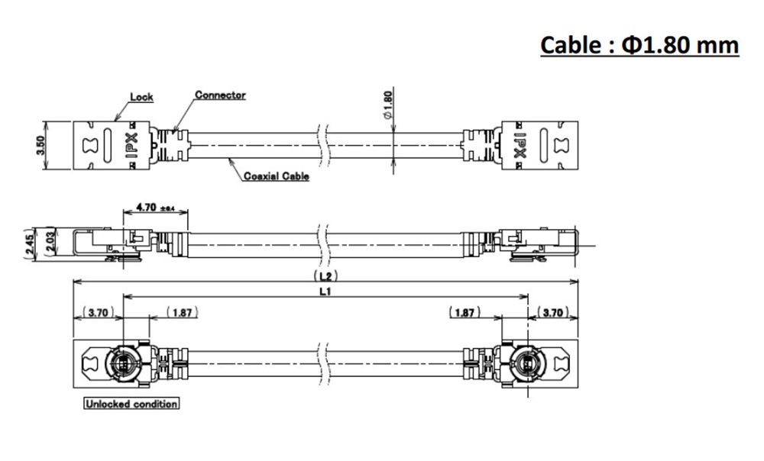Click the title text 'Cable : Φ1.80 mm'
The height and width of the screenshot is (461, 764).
[x=639, y=46]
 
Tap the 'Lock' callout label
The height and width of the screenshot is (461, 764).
[x=141, y=97]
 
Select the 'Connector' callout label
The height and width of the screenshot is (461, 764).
[x=220, y=95]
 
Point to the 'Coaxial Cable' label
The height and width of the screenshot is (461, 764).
[x=277, y=176]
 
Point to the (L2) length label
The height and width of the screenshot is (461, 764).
[x=326, y=275]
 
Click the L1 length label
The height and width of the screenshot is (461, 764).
[x=326, y=291]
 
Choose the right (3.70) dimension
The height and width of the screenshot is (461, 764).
[x=555, y=312]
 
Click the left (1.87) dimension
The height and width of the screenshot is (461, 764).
[x=181, y=312]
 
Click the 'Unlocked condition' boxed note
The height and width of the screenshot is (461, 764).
[x=131, y=404]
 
